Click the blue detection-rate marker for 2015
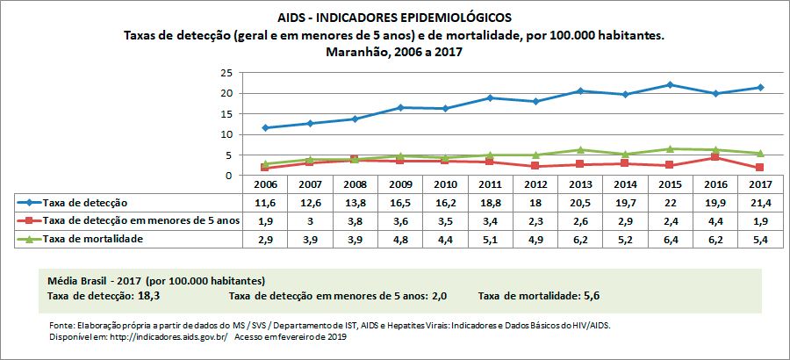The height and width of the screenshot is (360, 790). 670,85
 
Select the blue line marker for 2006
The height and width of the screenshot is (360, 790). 265,128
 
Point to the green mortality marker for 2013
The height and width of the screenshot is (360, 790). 580,150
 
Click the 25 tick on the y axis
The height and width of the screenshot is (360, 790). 226,73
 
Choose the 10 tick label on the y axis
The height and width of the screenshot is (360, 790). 226,134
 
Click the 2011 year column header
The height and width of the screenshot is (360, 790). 491,186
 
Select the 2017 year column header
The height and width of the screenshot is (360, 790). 759,186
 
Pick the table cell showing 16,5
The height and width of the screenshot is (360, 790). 400,204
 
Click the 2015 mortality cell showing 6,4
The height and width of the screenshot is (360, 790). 670,239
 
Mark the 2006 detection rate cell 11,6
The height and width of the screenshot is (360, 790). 265,204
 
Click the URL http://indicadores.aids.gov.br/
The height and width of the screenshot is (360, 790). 154,336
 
